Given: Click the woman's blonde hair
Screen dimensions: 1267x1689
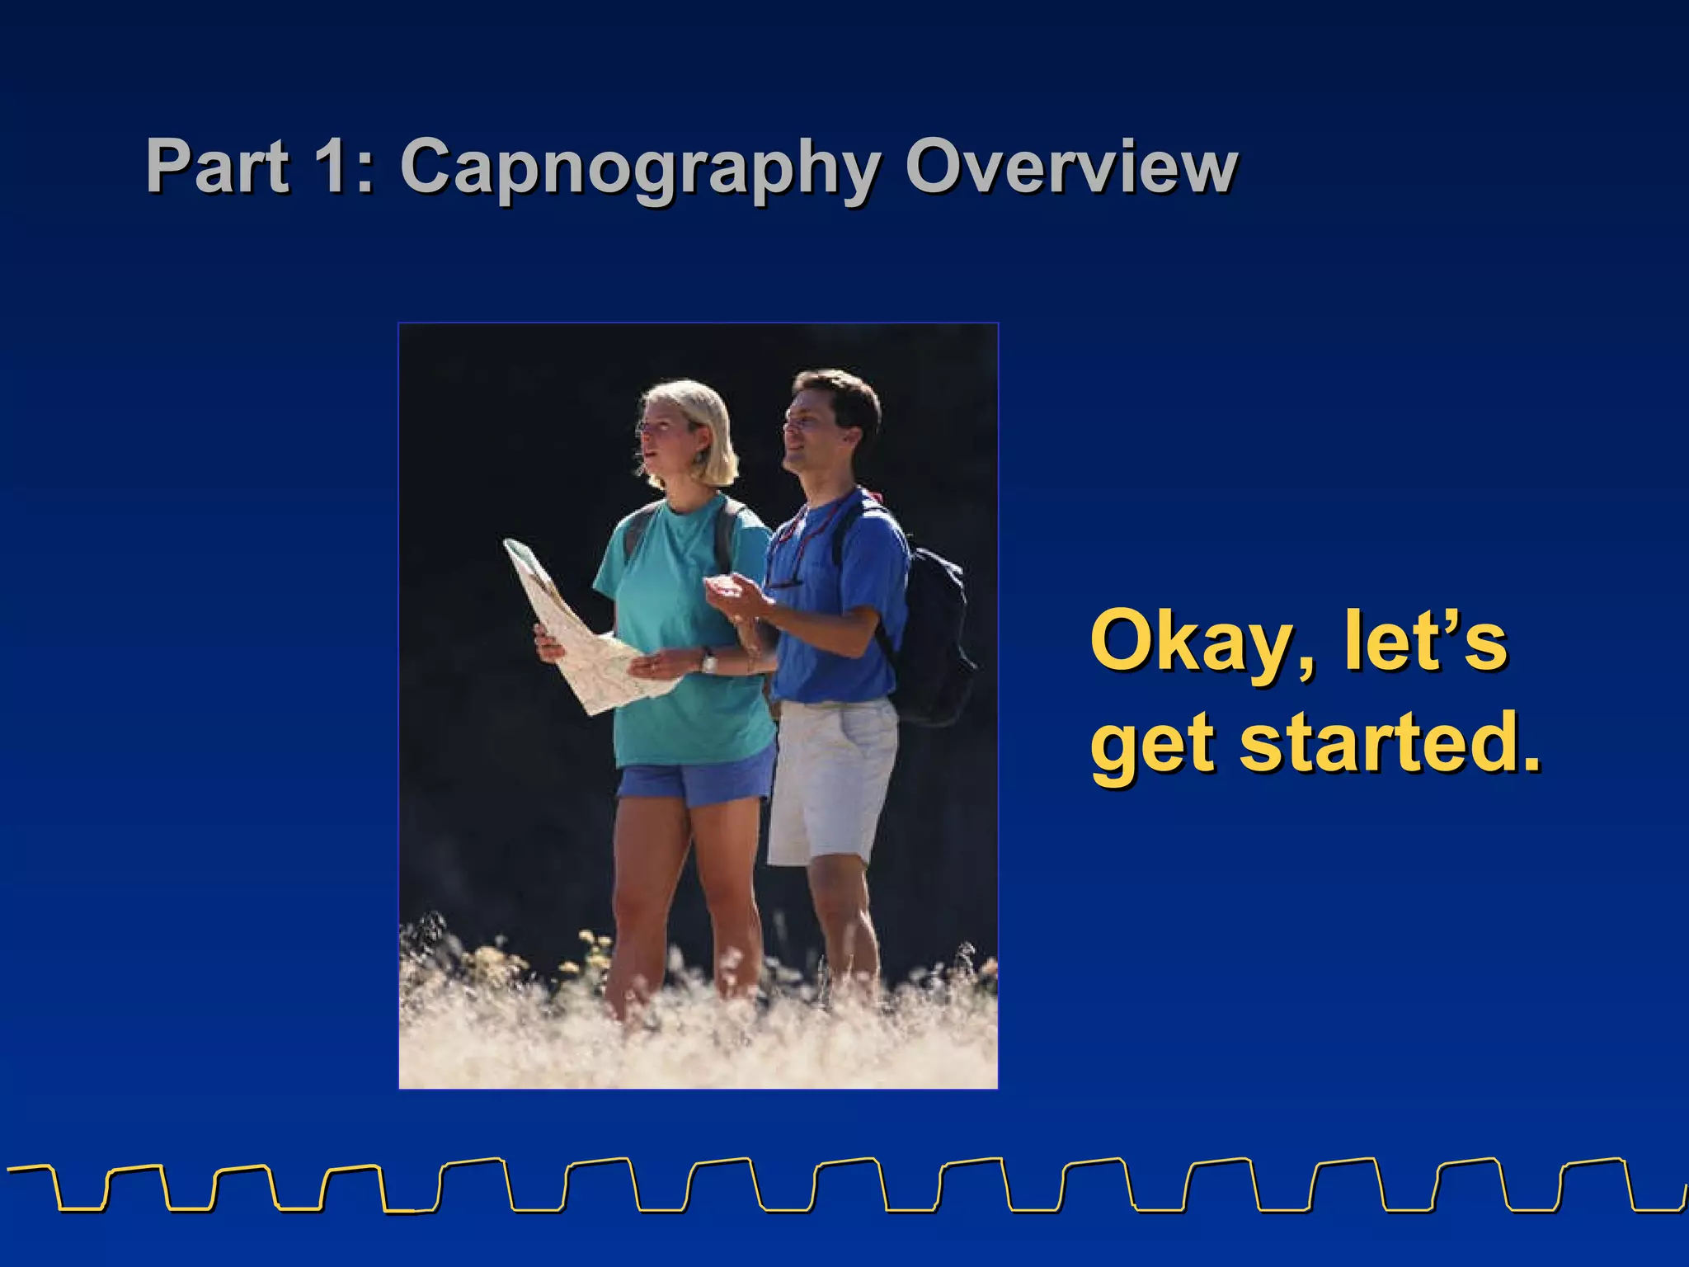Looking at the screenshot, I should (x=701, y=421).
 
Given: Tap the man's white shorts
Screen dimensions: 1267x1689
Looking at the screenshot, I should (x=829, y=775).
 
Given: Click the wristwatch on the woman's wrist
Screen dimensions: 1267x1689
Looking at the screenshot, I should (x=708, y=660).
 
